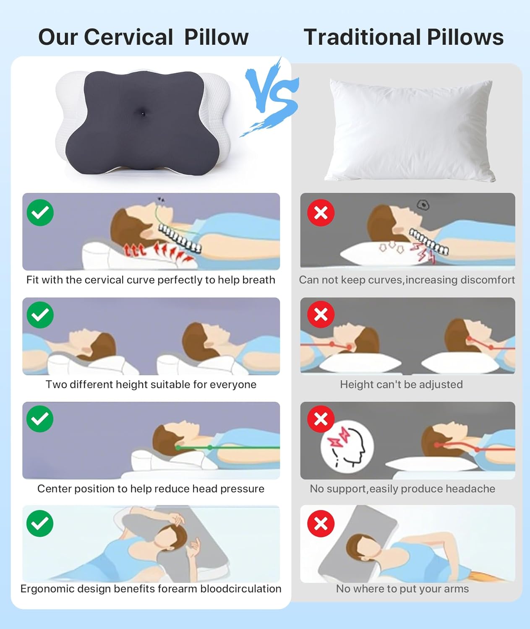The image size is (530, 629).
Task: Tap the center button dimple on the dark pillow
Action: (143, 114)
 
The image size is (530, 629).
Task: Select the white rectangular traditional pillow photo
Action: (410, 130)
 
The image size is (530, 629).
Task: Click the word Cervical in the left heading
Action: (128, 37)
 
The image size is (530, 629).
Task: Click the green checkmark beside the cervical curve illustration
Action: (40, 213)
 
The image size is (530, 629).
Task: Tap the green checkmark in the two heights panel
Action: (40, 315)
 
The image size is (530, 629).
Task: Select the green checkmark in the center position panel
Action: (40, 419)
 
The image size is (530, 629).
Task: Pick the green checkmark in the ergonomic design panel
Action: (40, 523)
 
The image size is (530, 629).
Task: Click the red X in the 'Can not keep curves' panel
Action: (321, 213)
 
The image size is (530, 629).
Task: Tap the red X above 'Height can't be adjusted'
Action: (321, 314)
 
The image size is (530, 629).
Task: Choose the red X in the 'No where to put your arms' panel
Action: (321, 523)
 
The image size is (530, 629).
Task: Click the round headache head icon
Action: (347, 447)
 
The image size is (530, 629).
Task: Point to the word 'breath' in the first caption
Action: (258, 280)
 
